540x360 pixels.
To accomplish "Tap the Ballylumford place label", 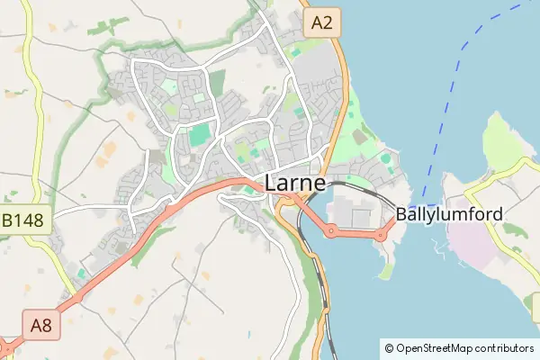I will (x=449, y=216).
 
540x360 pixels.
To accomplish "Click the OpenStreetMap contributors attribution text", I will (x=464, y=347).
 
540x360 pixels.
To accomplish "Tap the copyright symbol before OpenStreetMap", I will (x=389, y=347).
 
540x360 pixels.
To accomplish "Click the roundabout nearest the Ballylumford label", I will (x=381, y=235).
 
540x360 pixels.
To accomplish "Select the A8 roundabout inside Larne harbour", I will (x=331, y=231).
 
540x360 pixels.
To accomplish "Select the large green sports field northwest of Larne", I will (x=198, y=137).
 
